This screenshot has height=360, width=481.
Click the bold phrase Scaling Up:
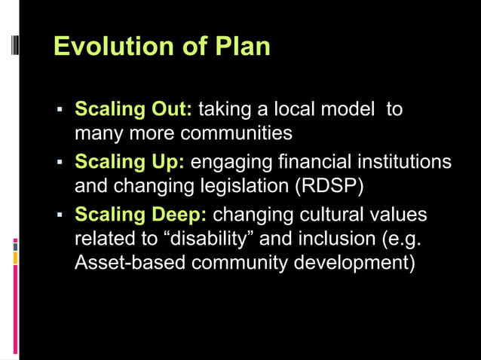click(130, 163)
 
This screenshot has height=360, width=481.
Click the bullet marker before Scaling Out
click(59, 111)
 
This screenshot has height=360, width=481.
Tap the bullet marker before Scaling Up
click(59, 164)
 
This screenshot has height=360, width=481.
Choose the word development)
click(353, 266)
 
